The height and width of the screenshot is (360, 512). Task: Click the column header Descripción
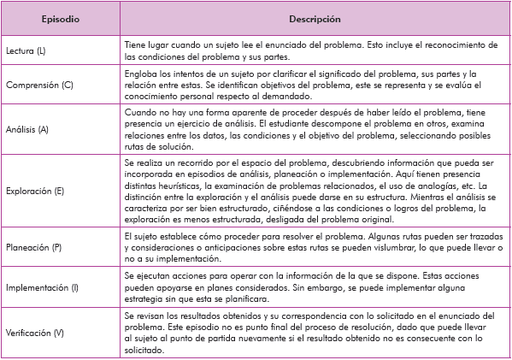click(x=315, y=18)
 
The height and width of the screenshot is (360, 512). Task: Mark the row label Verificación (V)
click(x=35, y=329)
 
